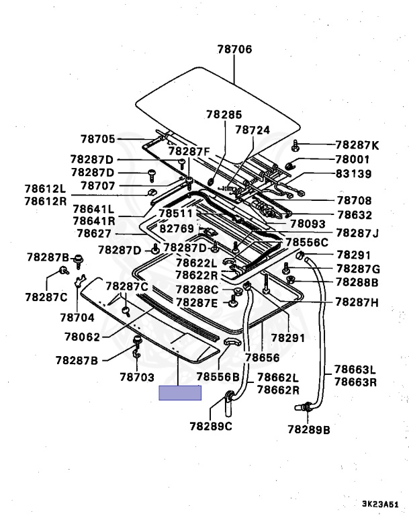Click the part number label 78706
click(234, 49)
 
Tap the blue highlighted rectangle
click(180, 393)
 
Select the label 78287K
click(357, 145)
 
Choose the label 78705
click(99, 139)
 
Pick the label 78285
click(224, 116)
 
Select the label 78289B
click(309, 429)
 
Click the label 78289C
click(211, 425)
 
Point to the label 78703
click(138, 378)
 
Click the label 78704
click(77, 316)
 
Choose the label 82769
click(176, 228)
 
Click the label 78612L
click(46, 189)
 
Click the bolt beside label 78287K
click(297, 145)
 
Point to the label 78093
click(308, 224)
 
